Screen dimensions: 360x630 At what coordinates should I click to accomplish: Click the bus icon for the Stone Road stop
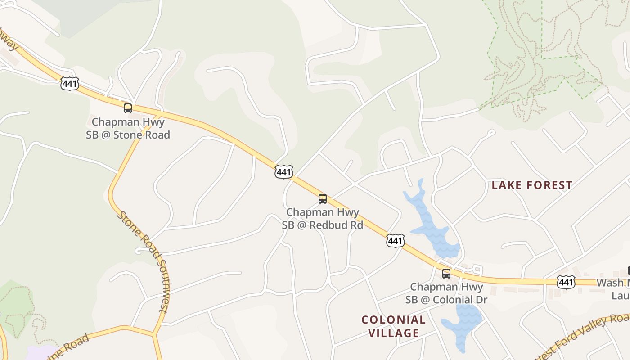pyautogui.click(x=128, y=108)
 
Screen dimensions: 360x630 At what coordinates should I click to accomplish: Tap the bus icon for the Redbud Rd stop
pyautogui.click(x=323, y=199)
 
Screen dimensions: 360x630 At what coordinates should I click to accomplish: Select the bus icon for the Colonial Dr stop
pyautogui.click(x=446, y=273)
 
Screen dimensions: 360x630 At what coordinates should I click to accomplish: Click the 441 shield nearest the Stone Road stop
pyautogui.click(x=70, y=83)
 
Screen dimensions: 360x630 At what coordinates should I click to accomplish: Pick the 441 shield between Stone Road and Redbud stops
pyautogui.click(x=284, y=172)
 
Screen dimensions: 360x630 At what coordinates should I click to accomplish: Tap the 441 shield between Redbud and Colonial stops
pyautogui.click(x=395, y=241)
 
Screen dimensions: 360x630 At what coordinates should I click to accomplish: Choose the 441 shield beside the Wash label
pyautogui.click(x=566, y=282)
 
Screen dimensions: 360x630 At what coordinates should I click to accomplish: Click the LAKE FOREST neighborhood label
pyautogui.click(x=532, y=185)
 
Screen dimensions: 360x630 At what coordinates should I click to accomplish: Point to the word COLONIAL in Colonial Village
pyautogui.click(x=394, y=320)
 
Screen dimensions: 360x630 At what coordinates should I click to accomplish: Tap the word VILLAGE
pyautogui.click(x=394, y=333)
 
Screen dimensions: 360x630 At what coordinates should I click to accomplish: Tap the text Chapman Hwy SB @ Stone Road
pyautogui.click(x=128, y=128)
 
